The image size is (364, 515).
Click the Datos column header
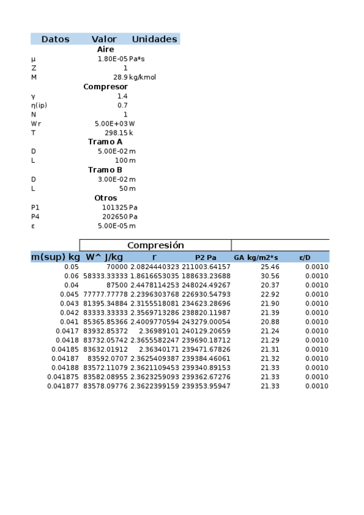click(x=55, y=39)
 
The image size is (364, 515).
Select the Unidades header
click(x=154, y=39)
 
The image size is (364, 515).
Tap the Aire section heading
click(x=105, y=49)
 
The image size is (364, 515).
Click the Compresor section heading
click(x=105, y=87)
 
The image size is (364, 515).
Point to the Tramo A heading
click(x=105, y=142)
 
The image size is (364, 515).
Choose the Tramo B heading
click(x=105, y=169)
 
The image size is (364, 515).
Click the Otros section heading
click(x=105, y=198)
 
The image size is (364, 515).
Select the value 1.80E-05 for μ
click(x=112, y=59)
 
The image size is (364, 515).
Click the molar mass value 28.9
click(x=120, y=77)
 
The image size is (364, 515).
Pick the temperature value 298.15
click(x=116, y=132)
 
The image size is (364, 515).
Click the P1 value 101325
click(x=115, y=207)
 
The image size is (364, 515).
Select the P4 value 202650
click(x=115, y=216)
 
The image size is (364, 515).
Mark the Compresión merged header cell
click(x=155, y=245)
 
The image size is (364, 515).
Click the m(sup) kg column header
click(x=55, y=257)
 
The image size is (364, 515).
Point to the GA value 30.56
click(x=269, y=276)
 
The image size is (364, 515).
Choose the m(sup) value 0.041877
click(x=63, y=386)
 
